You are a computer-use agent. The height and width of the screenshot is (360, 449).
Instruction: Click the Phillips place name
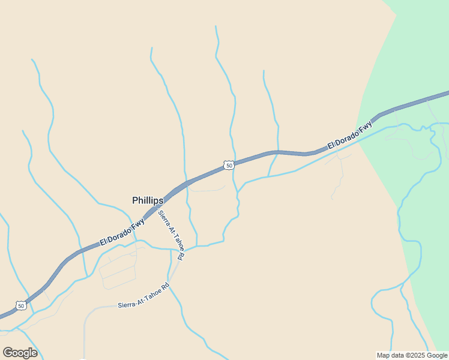148,200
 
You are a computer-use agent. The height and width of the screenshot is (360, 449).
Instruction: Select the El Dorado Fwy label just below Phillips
122,232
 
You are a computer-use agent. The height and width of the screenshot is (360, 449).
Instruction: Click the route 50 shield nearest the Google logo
22,306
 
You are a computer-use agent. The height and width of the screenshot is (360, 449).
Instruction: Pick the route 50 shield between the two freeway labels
229,165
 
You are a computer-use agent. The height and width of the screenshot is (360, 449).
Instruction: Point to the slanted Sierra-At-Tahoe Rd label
171,235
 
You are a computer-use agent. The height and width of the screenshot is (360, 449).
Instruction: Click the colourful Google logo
20,353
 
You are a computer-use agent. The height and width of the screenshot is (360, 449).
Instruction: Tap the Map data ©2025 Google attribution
412,355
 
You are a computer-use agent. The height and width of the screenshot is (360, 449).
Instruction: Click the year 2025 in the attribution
418,355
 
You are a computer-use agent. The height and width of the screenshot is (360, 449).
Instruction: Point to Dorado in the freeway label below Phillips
121,233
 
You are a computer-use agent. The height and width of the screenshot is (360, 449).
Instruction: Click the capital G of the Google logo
7,352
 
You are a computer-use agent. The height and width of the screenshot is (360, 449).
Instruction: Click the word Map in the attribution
383,355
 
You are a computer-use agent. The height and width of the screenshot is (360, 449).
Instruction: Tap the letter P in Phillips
135,200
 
